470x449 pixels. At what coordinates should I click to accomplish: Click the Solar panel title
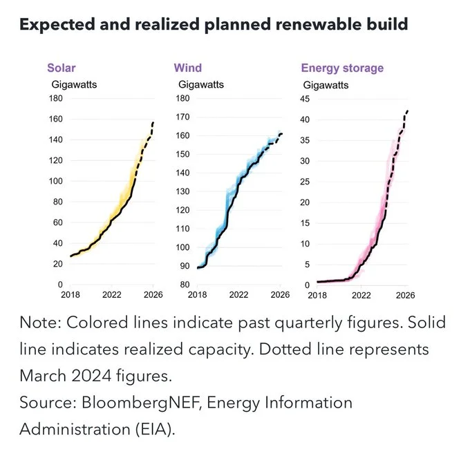click(61, 68)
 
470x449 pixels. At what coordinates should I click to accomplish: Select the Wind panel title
click(187, 68)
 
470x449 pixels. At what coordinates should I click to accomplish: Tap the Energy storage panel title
click(341, 68)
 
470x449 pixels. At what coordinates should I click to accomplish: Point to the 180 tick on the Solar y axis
click(55, 99)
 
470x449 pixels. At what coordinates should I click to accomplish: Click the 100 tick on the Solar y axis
click(55, 182)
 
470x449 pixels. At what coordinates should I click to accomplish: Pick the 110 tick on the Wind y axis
click(182, 229)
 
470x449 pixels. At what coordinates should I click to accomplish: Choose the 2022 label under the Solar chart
click(111, 295)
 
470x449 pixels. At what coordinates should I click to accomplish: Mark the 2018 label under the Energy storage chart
click(317, 295)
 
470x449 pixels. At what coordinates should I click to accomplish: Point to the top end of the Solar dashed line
click(153, 122)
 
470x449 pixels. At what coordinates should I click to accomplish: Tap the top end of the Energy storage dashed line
click(408, 111)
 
